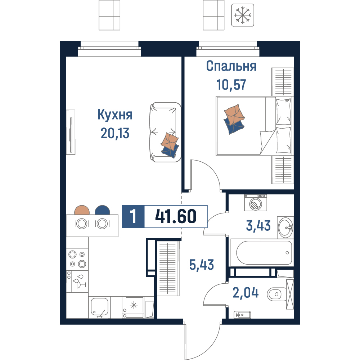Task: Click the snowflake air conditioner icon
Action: (x=242, y=15)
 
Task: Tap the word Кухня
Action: (x=115, y=114)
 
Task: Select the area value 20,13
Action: (x=115, y=133)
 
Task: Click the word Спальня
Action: (x=231, y=66)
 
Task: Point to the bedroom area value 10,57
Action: (x=231, y=85)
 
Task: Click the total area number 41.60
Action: (x=176, y=216)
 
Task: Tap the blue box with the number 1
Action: (x=133, y=216)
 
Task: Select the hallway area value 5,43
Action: (x=201, y=265)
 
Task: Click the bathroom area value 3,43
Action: (x=258, y=225)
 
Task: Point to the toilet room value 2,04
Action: (x=246, y=293)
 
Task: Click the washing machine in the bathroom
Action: (x=256, y=203)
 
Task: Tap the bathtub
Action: (x=262, y=253)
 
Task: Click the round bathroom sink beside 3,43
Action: (x=285, y=227)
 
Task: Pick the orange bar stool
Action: (x=82, y=210)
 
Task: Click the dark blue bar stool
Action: (x=102, y=210)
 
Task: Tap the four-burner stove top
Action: (x=77, y=259)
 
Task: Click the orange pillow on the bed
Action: (x=234, y=114)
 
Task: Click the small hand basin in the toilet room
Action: (x=242, y=315)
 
